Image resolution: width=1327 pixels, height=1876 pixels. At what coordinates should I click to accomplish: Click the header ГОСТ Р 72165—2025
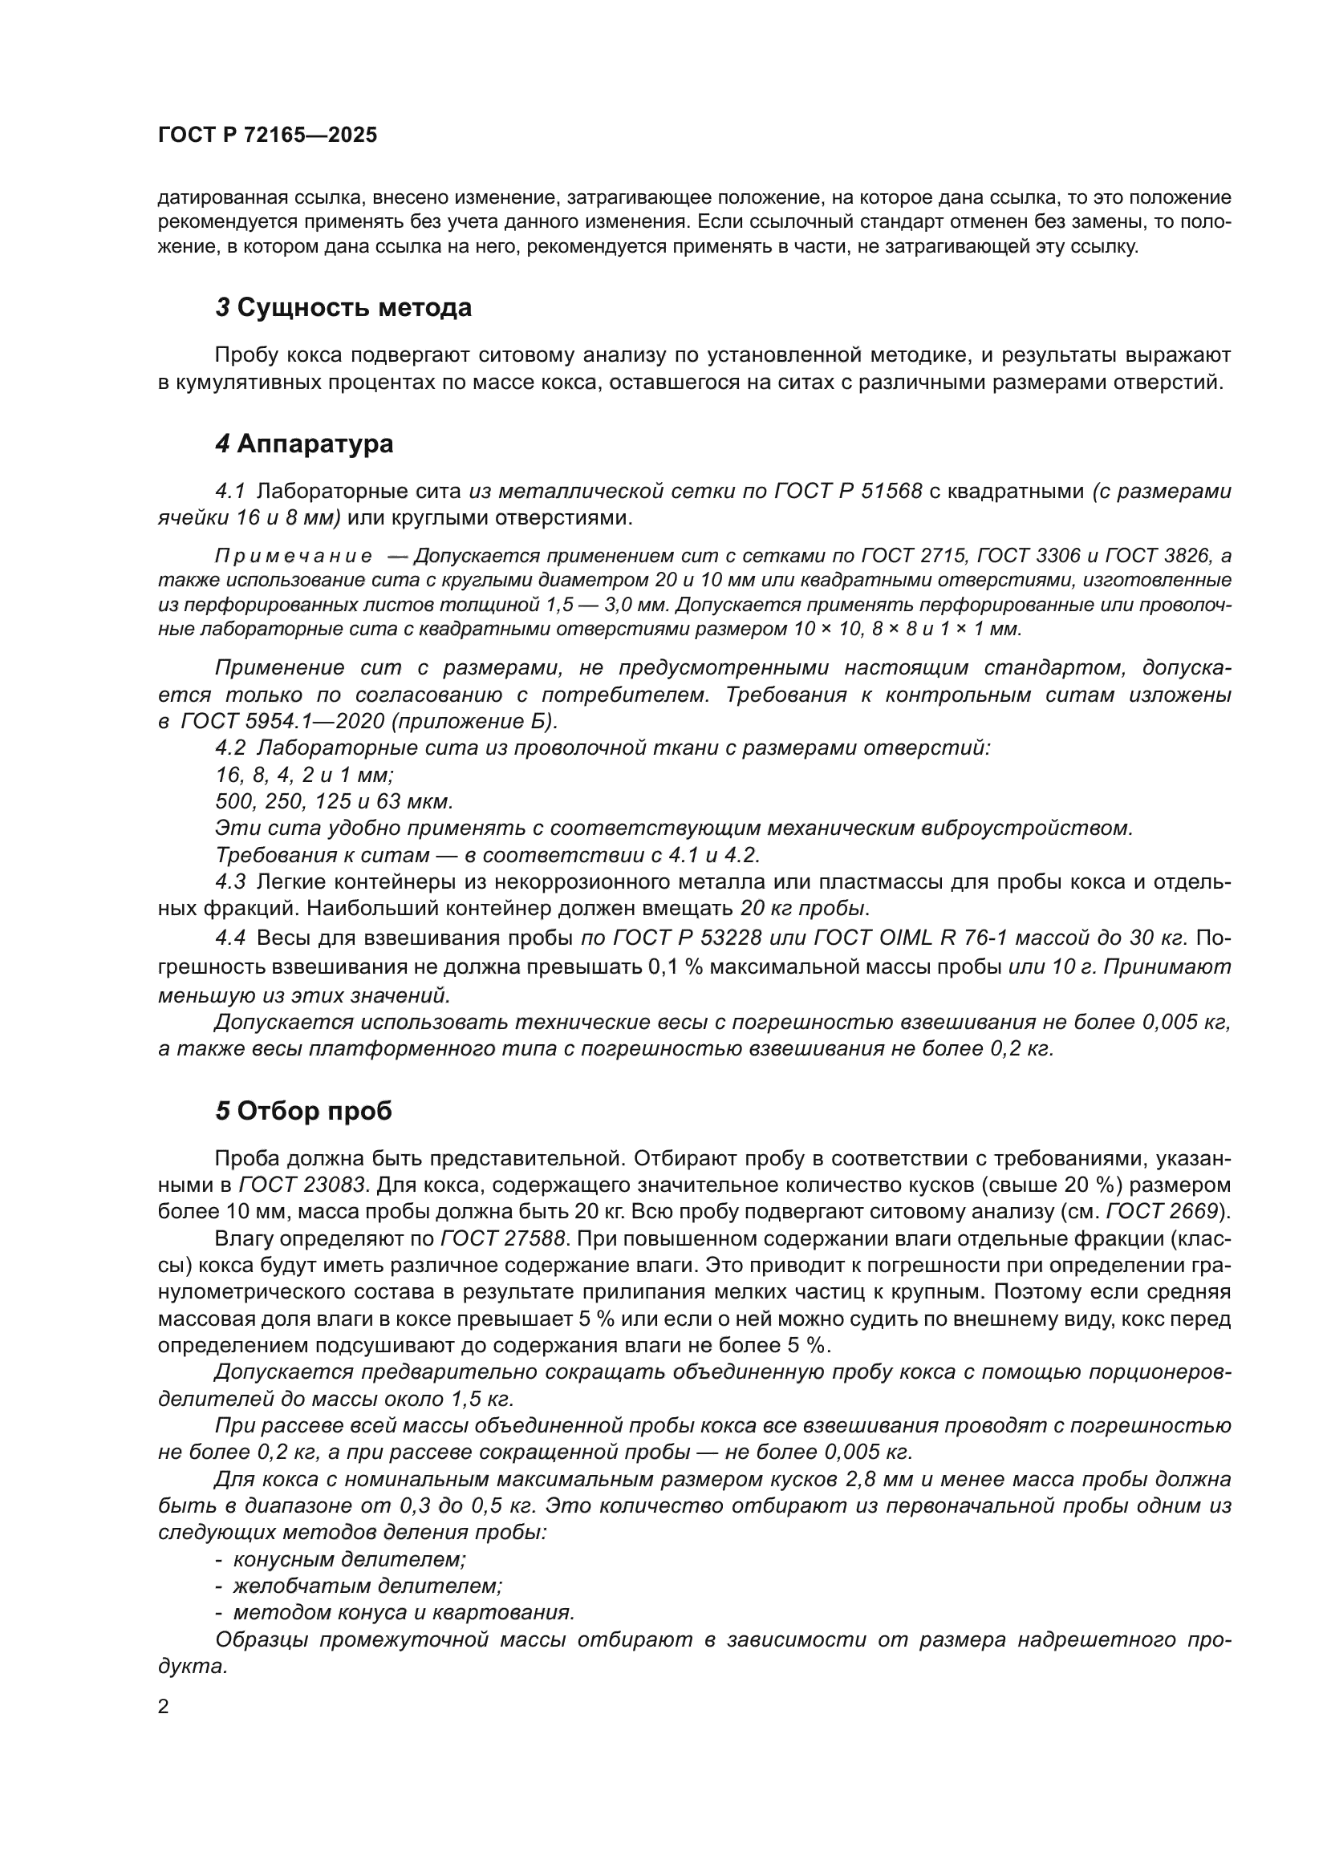pos(267,136)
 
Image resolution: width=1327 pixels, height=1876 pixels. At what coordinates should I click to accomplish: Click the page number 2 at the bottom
pos(164,1706)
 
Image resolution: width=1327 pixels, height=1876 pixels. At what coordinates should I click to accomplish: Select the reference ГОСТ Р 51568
pos(848,491)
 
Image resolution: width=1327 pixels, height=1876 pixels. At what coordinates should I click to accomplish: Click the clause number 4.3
pos(230,881)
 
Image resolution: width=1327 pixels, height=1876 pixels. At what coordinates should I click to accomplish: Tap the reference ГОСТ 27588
pos(502,1238)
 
